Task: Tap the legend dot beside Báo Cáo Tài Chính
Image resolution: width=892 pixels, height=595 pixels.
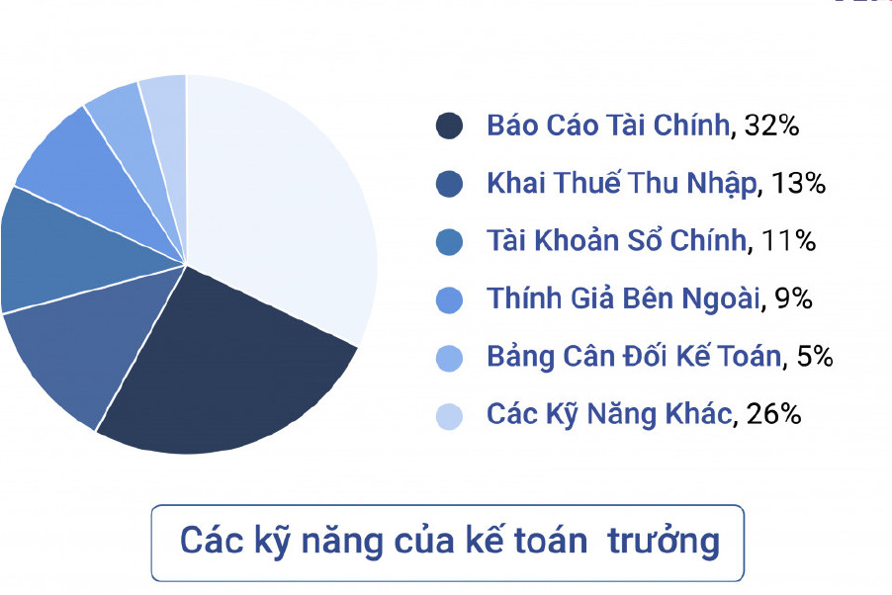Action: pos(449,126)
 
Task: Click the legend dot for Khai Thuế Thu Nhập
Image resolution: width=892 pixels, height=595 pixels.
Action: pos(449,184)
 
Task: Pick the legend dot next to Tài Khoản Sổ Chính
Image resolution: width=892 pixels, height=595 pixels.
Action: pos(449,242)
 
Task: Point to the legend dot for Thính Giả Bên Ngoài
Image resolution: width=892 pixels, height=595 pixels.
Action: pos(449,299)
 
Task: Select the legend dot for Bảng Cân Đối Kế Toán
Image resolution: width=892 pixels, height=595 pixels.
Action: pos(449,358)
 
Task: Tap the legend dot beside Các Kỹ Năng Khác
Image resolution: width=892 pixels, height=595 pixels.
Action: pos(449,416)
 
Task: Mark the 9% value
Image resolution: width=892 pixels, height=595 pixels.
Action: pos(793,298)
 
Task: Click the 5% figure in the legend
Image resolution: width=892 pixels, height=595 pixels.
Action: pos(815,357)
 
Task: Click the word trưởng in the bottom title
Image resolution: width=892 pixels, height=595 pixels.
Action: pos(664,542)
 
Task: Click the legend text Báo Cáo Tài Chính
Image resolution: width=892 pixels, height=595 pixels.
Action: pos(608,125)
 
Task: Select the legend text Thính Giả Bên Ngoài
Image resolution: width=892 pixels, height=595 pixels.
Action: pos(623,298)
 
